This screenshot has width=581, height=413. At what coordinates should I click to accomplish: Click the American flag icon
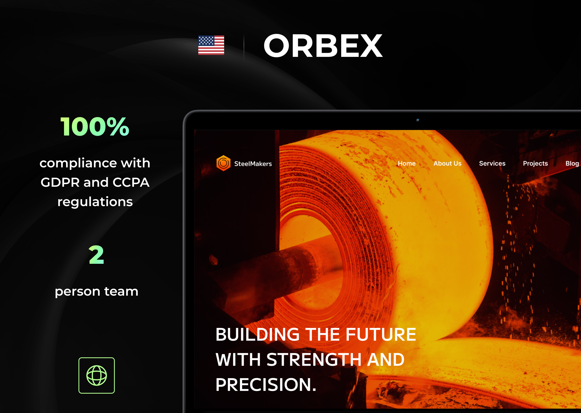211,45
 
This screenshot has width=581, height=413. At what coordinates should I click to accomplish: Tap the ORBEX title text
323,46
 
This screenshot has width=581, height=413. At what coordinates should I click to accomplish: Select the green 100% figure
95,126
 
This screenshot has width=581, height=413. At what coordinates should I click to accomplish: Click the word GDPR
60,182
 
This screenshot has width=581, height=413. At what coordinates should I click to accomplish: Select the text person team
97,291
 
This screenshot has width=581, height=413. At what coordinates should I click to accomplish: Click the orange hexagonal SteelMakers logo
223,163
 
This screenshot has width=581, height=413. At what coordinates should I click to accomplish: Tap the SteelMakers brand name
253,164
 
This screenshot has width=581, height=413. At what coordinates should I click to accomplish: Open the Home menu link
406,164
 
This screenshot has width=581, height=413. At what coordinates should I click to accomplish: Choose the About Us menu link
447,164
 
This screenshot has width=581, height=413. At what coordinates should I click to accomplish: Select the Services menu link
492,164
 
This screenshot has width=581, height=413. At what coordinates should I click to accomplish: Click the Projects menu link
535,164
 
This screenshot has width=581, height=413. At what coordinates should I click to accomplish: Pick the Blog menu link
572,164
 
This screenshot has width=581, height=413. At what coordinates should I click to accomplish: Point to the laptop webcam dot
417,120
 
